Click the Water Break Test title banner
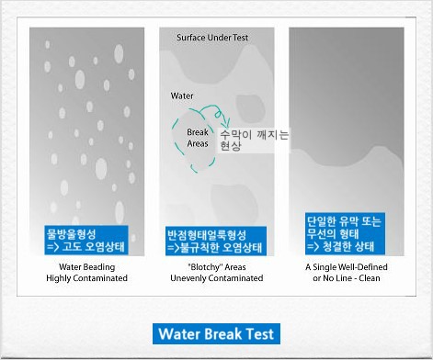[215, 332]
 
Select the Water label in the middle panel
[182, 96]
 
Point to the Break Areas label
[190, 137]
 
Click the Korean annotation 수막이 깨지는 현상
[255, 140]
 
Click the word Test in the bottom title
[260, 332]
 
